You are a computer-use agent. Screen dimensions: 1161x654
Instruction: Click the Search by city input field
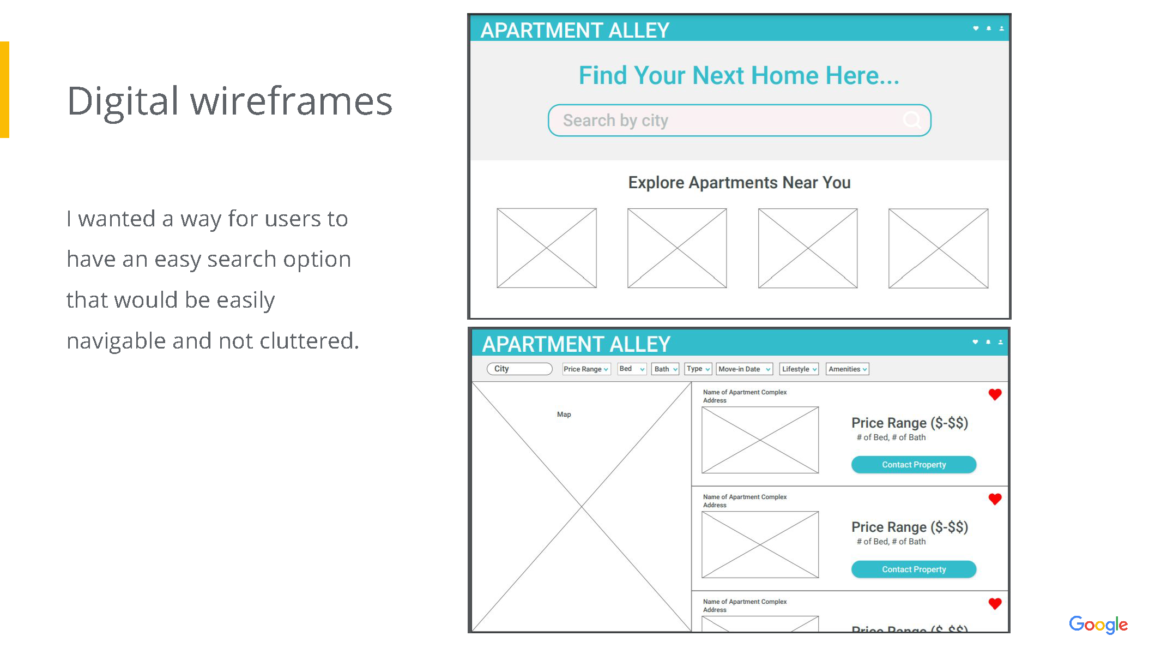(x=739, y=120)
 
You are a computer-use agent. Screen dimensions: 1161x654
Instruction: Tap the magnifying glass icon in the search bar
(x=912, y=119)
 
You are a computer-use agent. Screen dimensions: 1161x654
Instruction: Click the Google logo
(x=1098, y=625)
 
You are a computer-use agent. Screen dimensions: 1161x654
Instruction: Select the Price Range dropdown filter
(x=586, y=369)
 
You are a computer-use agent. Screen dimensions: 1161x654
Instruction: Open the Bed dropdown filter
(x=632, y=369)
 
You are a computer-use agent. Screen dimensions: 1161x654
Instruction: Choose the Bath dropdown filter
(x=666, y=369)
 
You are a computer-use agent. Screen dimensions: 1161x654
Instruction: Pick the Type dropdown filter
(x=698, y=369)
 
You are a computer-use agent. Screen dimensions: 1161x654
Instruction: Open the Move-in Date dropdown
(x=745, y=369)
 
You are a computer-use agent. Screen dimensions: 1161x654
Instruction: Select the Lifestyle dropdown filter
(x=799, y=369)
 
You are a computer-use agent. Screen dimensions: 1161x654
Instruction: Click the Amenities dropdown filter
(x=848, y=369)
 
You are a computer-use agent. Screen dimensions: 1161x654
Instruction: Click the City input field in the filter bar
(x=519, y=369)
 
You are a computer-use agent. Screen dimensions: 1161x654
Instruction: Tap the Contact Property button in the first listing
(x=914, y=465)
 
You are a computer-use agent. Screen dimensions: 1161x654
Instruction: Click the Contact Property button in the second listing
(x=914, y=569)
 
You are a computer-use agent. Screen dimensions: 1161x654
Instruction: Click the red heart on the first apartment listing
(x=995, y=394)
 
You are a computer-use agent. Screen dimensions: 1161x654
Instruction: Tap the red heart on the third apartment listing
(x=995, y=604)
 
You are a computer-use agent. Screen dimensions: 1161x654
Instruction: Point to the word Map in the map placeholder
(x=564, y=415)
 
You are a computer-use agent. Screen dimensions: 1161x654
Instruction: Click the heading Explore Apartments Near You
(x=739, y=183)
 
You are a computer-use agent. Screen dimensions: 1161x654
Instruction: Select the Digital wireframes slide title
(x=229, y=102)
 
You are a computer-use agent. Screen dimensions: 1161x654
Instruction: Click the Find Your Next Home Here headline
(x=739, y=75)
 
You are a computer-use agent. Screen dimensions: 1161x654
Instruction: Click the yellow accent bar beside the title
(x=4, y=90)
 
